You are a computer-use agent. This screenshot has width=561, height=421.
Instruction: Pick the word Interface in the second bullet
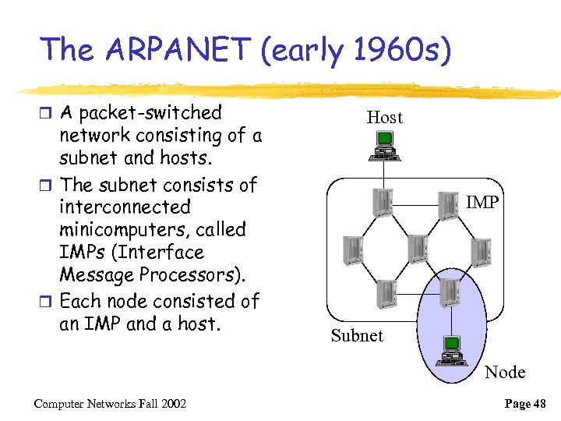click(x=163, y=253)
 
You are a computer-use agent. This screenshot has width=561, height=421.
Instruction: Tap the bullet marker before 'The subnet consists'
click(x=48, y=186)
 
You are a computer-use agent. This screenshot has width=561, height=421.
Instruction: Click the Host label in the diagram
click(x=384, y=118)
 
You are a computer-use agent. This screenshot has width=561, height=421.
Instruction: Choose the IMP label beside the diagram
click(x=482, y=203)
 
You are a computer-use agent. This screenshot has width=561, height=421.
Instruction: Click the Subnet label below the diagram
click(x=357, y=336)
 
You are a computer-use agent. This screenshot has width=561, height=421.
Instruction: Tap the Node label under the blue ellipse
click(x=505, y=373)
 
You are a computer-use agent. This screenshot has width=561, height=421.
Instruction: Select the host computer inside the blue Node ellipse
click(x=450, y=349)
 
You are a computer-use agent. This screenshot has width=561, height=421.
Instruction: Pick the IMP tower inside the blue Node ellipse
click(x=448, y=293)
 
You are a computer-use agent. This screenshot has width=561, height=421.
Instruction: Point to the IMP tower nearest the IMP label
click(x=449, y=204)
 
